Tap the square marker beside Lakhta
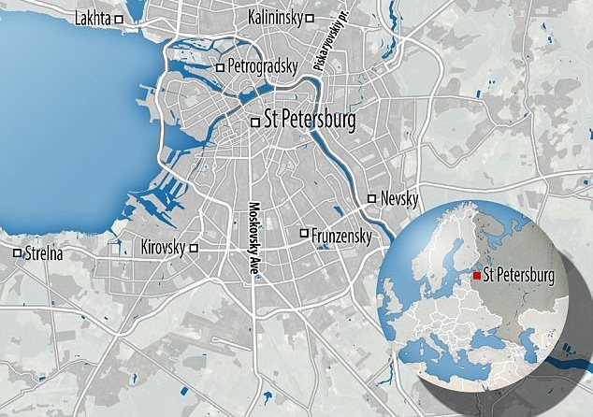click(119, 18)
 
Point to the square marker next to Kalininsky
click(310, 18)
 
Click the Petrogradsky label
click(264, 66)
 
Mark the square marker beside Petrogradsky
click(220, 67)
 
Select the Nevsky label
click(398, 198)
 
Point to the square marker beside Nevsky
click(372, 198)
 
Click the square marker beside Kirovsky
click(194, 249)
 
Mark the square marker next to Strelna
click(17, 252)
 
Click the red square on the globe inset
click(477, 275)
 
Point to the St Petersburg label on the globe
click(519, 275)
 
